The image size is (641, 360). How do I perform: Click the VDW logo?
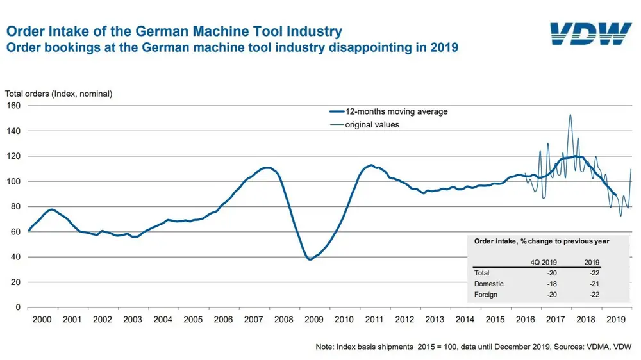[x=590, y=35]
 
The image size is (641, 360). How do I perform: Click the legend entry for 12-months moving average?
[x=395, y=111]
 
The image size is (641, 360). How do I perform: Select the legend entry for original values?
[x=372, y=125]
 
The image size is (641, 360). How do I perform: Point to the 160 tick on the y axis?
[x=13, y=105]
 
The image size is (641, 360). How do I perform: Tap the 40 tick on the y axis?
[x=16, y=257]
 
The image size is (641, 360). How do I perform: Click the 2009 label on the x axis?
[x=313, y=319]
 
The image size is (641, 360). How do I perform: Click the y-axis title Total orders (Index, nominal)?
[x=59, y=94]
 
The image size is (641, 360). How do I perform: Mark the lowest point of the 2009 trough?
[x=310, y=259]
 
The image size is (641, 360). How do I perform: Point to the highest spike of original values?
[x=570, y=115]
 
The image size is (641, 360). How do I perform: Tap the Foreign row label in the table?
[x=487, y=295]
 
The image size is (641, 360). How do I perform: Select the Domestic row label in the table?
[x=488, y=284]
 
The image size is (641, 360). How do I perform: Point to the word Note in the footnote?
[x=326, y=347]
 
